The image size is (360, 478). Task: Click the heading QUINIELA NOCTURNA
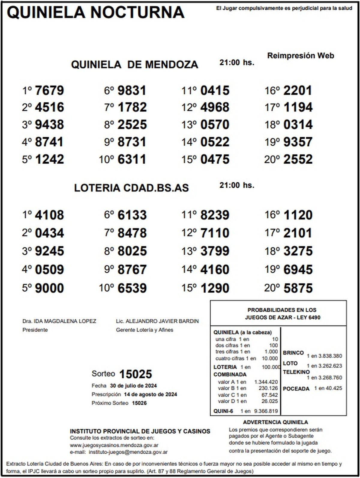click(95, 13)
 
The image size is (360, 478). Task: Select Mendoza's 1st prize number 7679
click(49, 90)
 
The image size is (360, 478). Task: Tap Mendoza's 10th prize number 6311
click(132, 159)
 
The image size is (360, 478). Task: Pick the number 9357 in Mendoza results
click(298, 142)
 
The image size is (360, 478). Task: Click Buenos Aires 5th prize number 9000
click(49, 288)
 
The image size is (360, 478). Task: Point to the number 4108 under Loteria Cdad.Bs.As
click(49, 215)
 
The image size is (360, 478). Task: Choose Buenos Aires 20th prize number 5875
click(298, 288)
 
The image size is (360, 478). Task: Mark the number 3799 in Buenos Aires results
click(215, 251)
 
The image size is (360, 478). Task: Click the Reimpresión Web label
click(300, 56)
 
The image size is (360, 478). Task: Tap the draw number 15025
click(136, 374)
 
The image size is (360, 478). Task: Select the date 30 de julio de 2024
click(133, 386)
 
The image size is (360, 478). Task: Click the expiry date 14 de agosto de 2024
click(150, 394)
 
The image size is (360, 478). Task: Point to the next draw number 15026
click(139, 403)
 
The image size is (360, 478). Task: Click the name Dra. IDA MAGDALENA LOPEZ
click(59, 321)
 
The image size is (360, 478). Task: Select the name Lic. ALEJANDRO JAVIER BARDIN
click(157, 321)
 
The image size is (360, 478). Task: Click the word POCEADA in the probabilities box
click(296, 389)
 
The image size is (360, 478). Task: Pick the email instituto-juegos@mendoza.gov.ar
click(128, 452)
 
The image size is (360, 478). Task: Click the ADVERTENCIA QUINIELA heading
click(275, 422)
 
